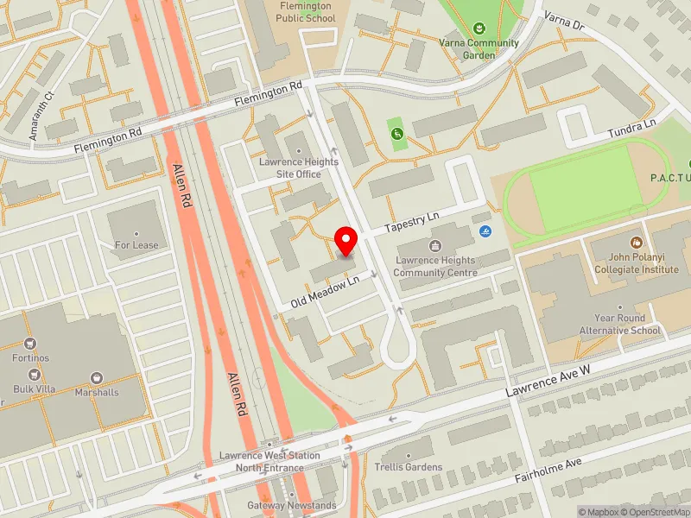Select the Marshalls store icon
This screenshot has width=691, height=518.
(97, 378)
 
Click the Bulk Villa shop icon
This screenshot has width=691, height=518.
(35, 375)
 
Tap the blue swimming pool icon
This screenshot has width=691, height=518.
(486, 231)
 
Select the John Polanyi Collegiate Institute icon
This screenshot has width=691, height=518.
(637, 243)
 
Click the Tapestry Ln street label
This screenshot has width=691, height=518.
(412, 221)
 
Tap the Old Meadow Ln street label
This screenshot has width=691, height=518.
(325, 292)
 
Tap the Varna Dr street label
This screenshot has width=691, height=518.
(564, 20)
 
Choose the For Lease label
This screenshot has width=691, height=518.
(136, 245)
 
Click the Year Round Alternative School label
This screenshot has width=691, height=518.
(627, 324)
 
